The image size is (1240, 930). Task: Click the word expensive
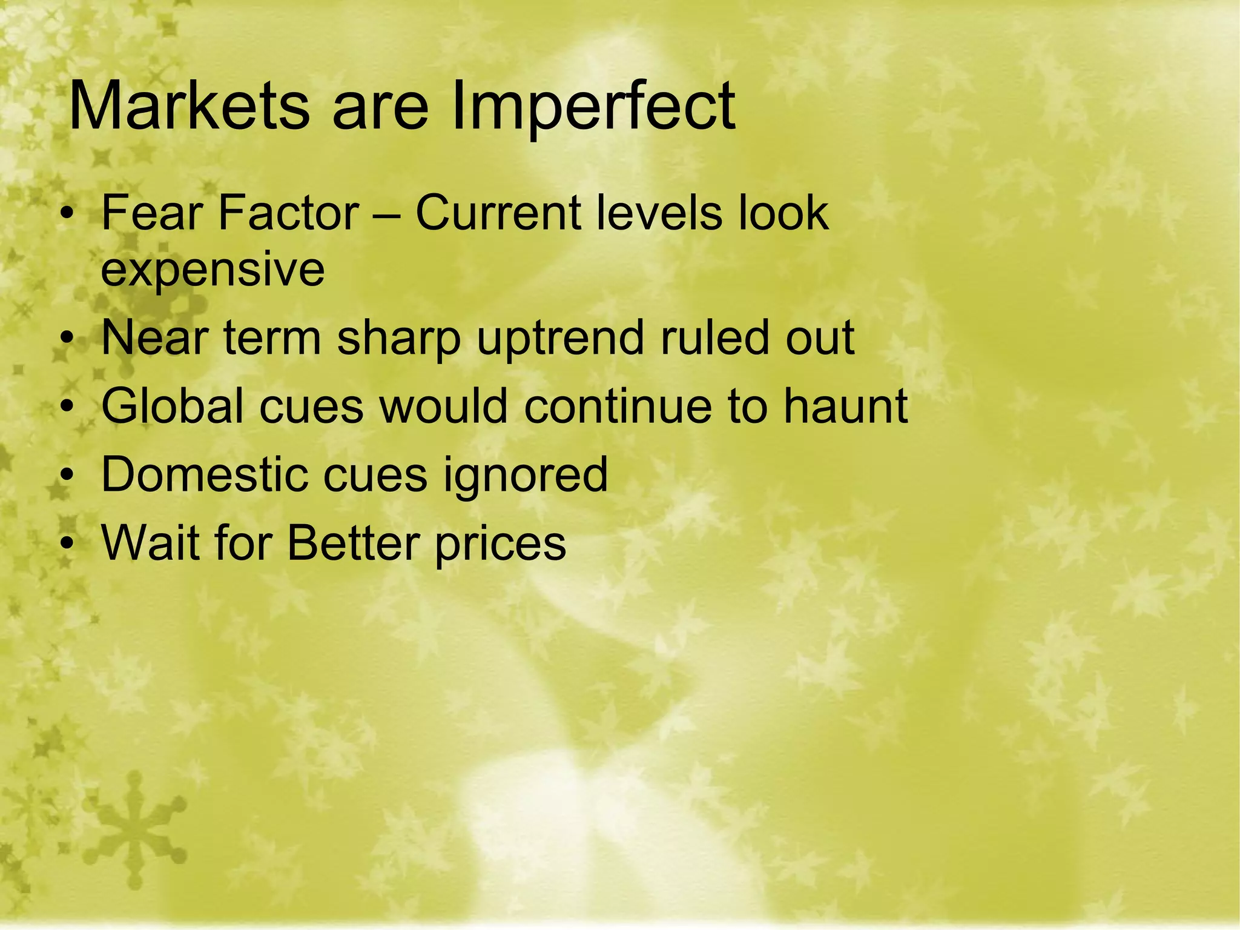[x=213, y=271]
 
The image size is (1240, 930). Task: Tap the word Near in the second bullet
[x=154, y=337]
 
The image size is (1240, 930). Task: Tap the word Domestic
[x=203, y=474]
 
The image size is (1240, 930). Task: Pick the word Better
[x=354, y=542]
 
